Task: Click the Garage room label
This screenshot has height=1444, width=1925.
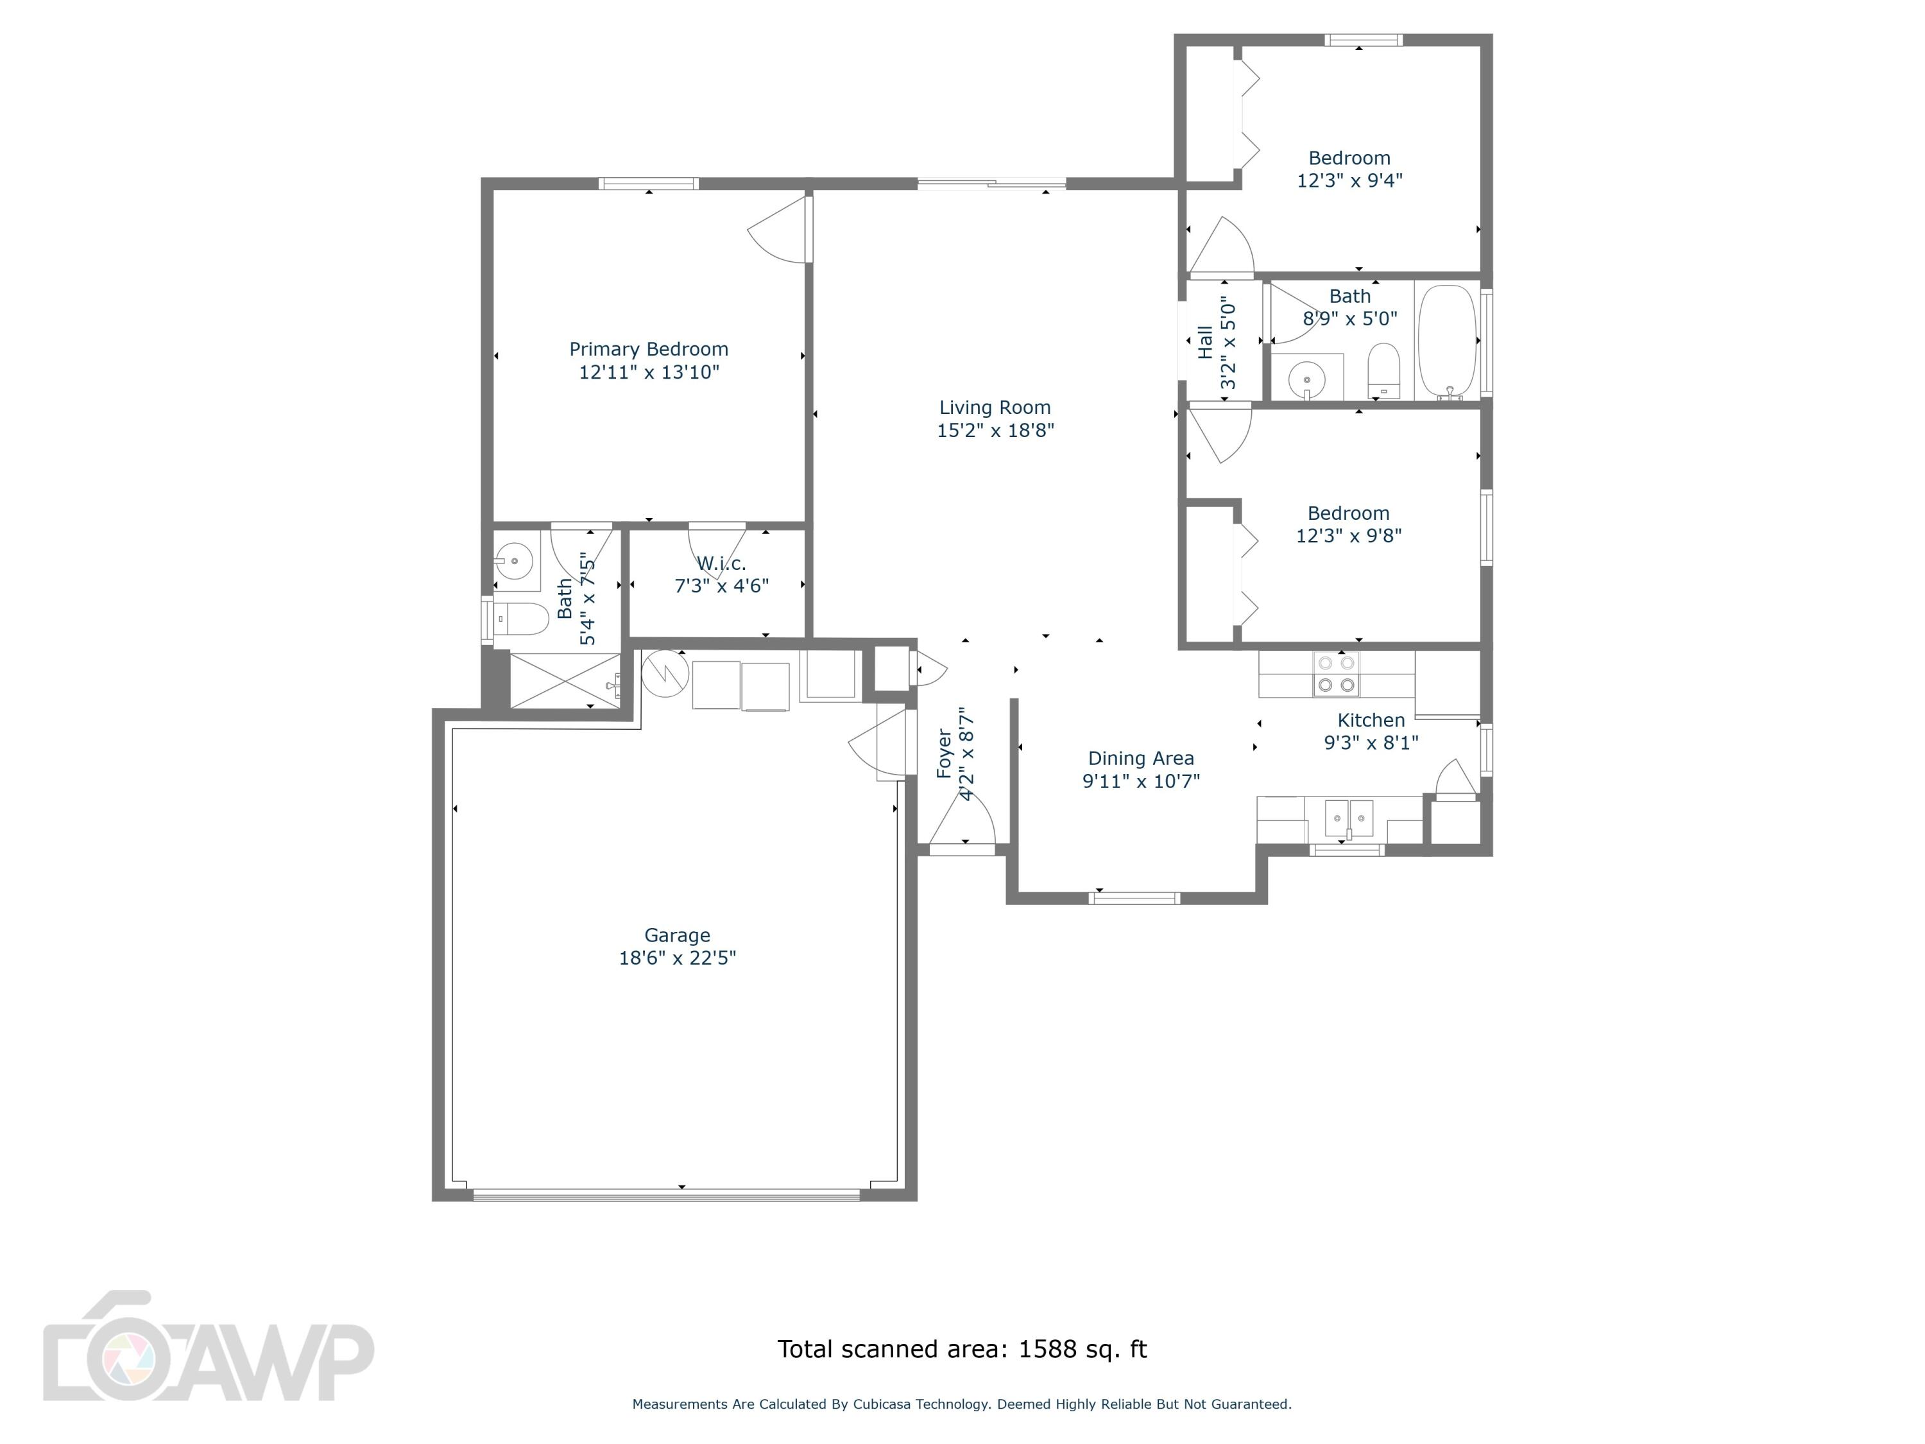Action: tap(677, 935)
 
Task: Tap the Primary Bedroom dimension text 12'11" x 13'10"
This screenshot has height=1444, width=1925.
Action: tap(649, 372)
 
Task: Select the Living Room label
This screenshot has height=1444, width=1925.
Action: tap(995, 408)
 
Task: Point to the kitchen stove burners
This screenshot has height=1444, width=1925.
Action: tap(1336, 675)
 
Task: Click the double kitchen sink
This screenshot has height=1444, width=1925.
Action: tap(1348, 818)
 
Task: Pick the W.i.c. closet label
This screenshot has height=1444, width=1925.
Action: tap(721, 563)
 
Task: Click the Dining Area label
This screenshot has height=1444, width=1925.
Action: tap(1141, 758)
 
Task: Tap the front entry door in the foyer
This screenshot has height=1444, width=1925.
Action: tap(962, 823)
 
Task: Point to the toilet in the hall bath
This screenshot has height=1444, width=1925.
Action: tap(1383, 370)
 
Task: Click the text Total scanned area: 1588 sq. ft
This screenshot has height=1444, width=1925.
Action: tap(962, 1349)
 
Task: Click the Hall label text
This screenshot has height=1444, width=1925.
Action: tap(1205, 342)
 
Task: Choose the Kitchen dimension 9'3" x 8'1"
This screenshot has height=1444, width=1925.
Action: tap(1371, 743)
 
